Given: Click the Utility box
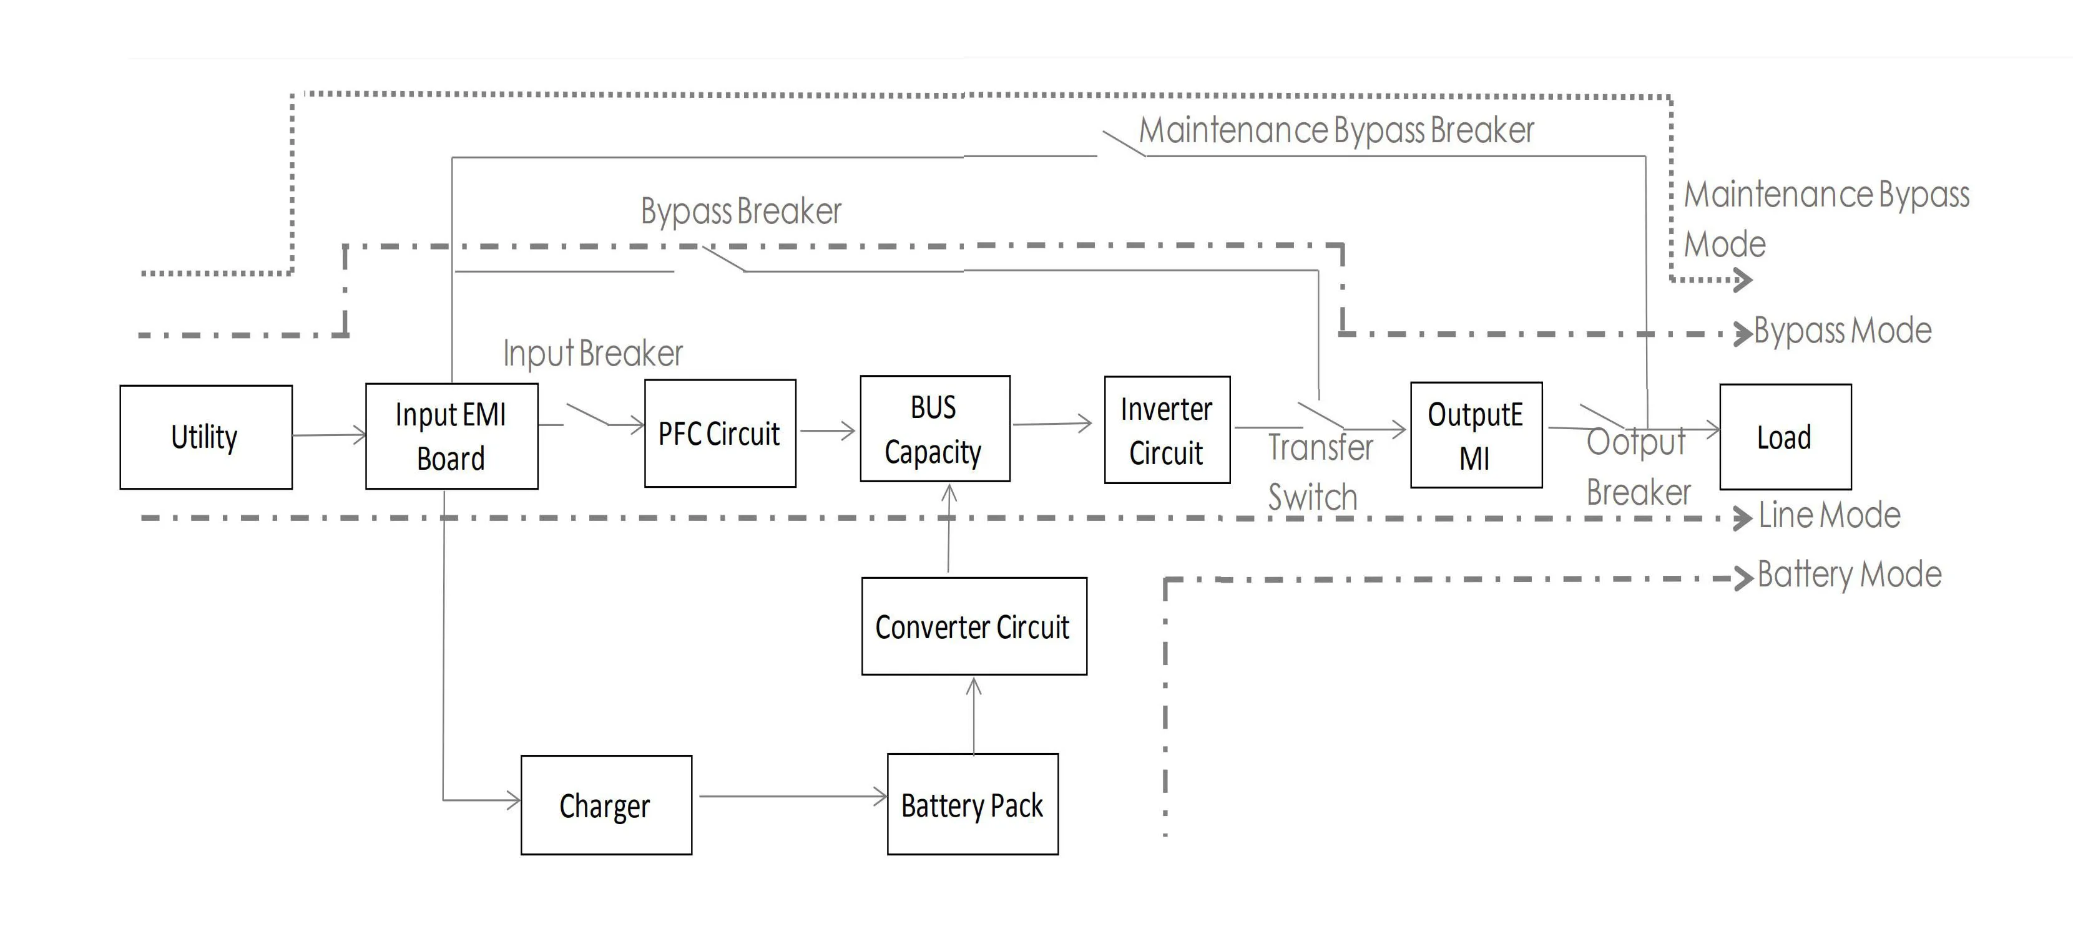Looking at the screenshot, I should click(x=206, y=437).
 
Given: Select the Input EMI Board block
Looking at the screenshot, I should click(x=451, y=436).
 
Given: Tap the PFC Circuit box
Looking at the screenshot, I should click(x=720, y=434).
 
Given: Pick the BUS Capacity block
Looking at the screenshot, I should click(x=934, y=429).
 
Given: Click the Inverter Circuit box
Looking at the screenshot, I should click(x=1167, y=430).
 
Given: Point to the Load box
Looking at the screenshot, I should click(x=1785, y=437).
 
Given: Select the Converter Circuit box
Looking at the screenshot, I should click(x=974, y=626).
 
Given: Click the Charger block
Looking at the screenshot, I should click(x=606, y=805).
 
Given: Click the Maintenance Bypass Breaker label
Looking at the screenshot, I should click(x=1336, y=130).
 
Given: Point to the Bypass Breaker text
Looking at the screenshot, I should click(x=740, y=211).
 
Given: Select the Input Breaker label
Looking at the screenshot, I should click(x=593, y=353).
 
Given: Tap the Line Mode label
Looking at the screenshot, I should click(x=1829, y=515).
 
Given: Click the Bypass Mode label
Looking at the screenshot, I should click(x=1842, y=331).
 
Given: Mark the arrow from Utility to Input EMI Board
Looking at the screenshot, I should click(x=328, y=435).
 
